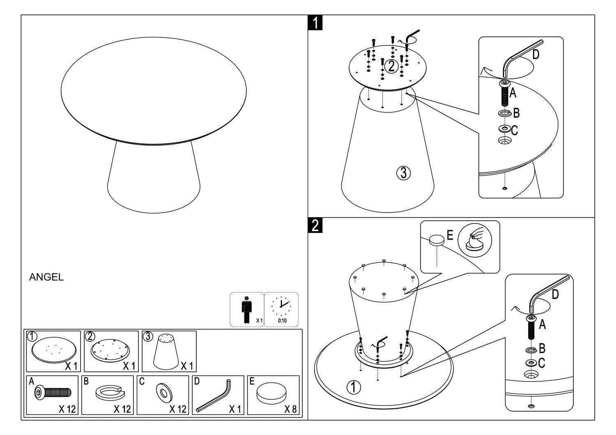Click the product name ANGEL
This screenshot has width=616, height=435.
click(x=46, y=277)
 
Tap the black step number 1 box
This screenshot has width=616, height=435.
click(x=315, y=23)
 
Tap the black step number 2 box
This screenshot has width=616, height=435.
click(x=315, y=225)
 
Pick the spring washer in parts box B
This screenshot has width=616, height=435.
click(x=108, y=393)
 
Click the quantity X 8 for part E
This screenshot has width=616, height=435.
click(x=290, y=409)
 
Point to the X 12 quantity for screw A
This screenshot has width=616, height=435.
click(x=67, y=409)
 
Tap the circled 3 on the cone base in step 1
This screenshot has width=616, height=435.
click(x=403, y=173)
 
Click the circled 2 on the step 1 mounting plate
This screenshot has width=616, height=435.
click(x=391, y=66)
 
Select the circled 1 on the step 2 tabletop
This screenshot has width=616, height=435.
click(x=354, y=387)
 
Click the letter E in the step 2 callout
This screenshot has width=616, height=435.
click(x=450, y=235)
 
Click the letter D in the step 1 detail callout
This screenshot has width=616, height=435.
click(x=536, y=55)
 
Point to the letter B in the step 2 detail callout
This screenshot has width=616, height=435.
click(x=542, y=348)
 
